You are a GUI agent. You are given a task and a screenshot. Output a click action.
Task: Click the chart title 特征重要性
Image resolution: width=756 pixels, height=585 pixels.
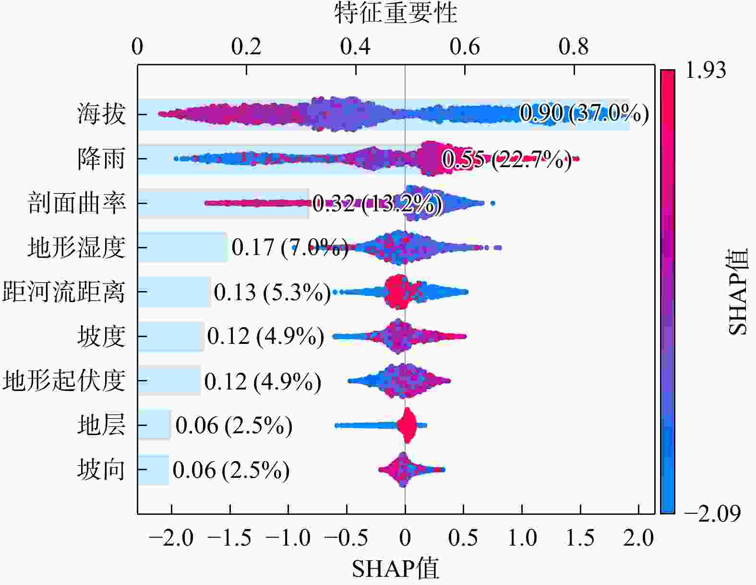coord(396,13)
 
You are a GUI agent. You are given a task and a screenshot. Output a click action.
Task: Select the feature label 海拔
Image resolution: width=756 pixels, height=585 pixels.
coord(101,114)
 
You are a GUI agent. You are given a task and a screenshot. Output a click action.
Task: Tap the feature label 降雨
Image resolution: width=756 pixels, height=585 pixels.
coord(101,158)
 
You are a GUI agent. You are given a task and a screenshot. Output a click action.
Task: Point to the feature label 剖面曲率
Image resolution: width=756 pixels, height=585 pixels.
coord(76,203)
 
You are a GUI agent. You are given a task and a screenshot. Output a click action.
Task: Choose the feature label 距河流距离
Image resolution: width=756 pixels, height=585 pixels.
coord(63,292)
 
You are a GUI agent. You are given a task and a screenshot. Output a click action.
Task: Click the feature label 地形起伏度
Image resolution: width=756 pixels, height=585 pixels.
coord(63,380)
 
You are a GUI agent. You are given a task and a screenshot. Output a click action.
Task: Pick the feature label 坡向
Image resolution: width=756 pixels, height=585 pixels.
coord(101,469)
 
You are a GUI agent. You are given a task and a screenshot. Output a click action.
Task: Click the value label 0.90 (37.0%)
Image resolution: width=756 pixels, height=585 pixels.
coord(584,113)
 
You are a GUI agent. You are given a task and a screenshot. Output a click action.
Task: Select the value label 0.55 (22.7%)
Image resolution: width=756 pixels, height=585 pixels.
coord(507,159)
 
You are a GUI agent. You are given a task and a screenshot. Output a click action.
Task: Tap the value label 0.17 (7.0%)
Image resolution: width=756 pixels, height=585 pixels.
coord(290,247)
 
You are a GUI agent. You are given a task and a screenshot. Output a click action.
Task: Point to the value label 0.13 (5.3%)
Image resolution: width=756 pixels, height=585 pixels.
coord(272,292)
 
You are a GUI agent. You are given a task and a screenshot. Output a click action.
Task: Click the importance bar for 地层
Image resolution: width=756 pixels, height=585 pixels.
coord(154,425)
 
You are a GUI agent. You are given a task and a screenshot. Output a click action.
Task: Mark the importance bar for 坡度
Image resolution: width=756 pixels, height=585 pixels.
coord(170,336)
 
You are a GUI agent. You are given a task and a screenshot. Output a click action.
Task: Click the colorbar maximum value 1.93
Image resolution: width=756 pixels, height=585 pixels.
coord(706,70)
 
